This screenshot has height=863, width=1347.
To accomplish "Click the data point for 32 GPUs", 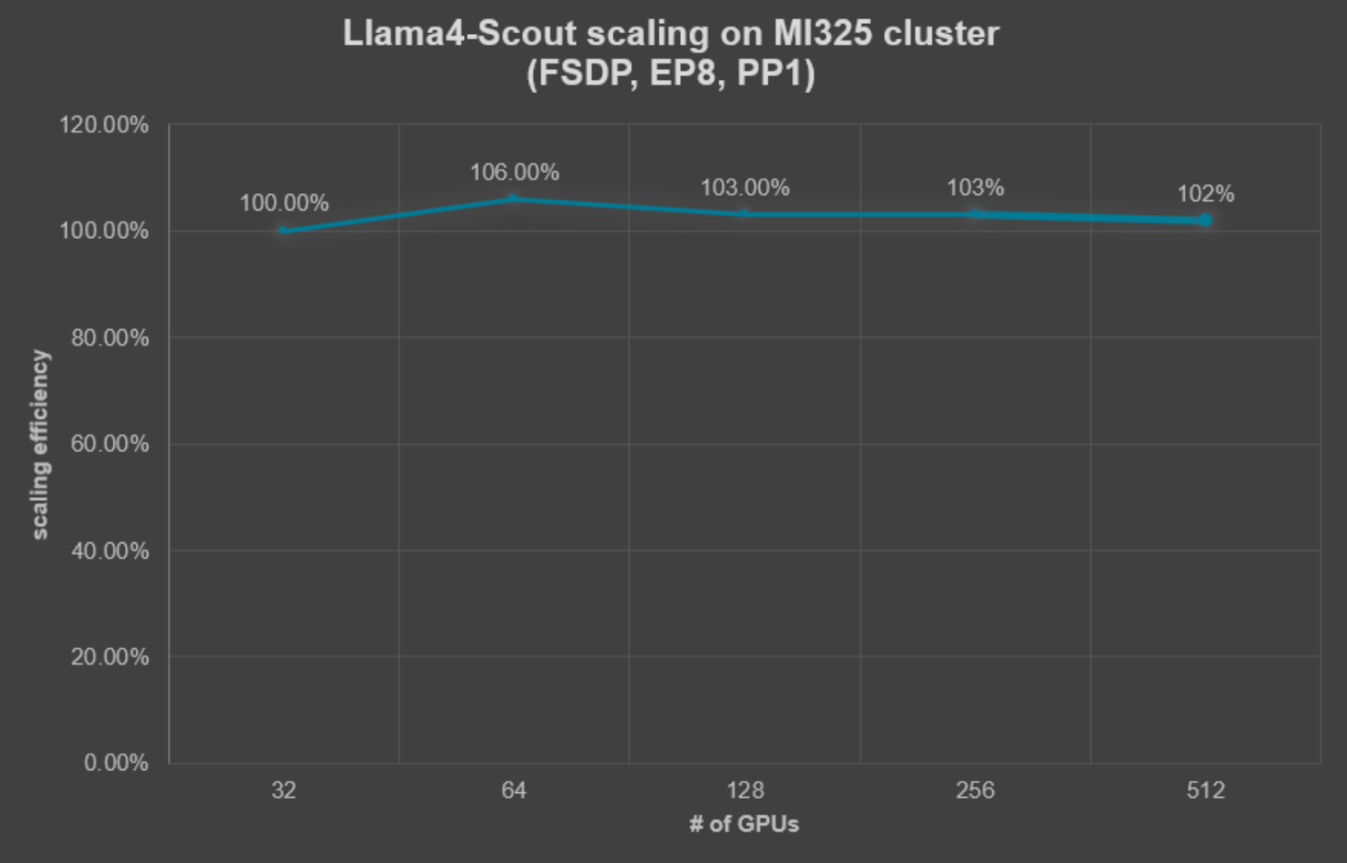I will point(284,231).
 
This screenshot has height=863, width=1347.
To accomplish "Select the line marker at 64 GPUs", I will point(514,199).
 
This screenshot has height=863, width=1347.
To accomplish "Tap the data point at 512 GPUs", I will point(1205,221).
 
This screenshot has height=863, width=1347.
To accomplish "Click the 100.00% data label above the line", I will point(284,203).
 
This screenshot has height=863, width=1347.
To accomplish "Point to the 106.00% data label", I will point(515,173).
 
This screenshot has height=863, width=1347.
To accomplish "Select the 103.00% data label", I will point(744,188).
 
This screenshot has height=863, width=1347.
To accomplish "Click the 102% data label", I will point(1206,194).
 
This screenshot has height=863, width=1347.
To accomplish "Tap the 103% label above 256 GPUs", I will point(975,188).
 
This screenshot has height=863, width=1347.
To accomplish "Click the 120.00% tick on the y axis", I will point(104,125).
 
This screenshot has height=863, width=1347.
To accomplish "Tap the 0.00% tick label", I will point(115,763).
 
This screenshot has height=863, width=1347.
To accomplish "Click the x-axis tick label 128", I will point(744,790).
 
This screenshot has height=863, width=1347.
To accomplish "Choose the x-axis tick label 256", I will point(975,790).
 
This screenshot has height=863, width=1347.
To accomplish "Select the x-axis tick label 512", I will point(1206,790).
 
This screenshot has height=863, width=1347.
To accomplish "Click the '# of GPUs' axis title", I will point(744,824).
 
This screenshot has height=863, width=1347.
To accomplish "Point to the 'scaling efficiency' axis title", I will point(40,444).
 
